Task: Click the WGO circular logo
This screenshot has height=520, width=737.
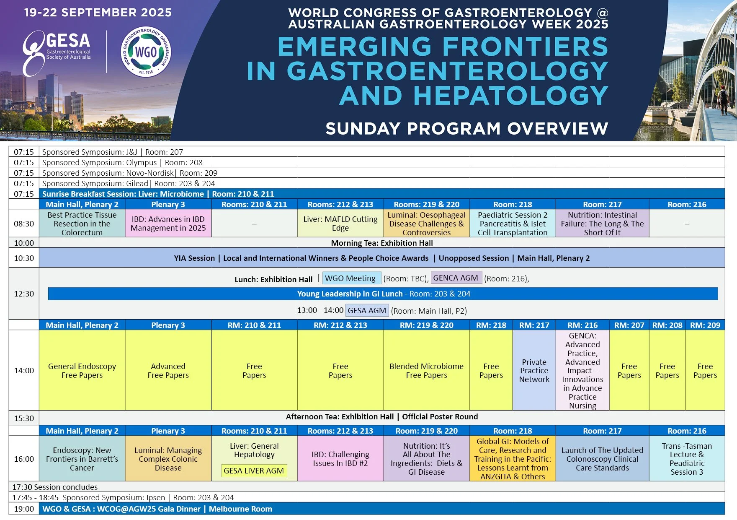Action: (146, 52)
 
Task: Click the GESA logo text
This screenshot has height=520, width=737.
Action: (68, 41)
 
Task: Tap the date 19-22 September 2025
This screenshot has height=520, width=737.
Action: (98, 12)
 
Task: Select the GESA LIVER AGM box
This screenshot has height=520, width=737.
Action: (254, 471)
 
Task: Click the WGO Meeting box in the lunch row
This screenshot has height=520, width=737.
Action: (351, 278)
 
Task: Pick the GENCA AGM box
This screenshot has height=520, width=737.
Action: (456, 278)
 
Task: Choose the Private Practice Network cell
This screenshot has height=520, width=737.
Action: (534, 370)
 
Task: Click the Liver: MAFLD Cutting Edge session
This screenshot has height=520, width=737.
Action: (340, 224)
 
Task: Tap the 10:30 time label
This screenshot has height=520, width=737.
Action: (24, 258)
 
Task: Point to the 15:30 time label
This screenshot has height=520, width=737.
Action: (24, 418)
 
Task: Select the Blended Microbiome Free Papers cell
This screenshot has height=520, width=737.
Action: (426, 370)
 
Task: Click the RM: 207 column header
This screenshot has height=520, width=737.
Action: (629, 325)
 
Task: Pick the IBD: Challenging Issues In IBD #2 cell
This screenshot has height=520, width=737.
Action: (340, 459)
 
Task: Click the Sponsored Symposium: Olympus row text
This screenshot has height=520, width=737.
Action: (122, 162)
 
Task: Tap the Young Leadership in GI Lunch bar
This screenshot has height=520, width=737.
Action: (383, 294)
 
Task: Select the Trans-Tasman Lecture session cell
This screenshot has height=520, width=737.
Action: (687, 459)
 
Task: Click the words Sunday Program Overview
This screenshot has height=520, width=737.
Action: (466, 128)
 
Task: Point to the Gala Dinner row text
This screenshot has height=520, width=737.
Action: (157, 509)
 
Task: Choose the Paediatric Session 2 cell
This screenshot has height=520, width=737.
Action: (513, 224)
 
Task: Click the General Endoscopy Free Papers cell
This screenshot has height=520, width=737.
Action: (82, 370)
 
